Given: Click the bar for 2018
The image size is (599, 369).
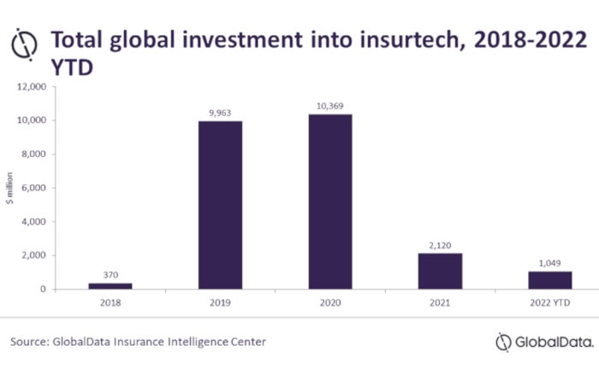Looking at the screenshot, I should click(x=110, y=285).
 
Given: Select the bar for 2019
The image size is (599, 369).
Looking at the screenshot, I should click(x=220, y=205).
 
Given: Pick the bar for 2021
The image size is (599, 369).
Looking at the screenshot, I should click(x=440, y=271).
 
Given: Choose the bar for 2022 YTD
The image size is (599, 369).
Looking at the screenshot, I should click(x=550, y=280).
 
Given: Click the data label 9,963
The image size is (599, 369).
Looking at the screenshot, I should click(x=220, y=111).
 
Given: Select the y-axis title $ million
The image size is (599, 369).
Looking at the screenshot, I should click(x=10, y=190).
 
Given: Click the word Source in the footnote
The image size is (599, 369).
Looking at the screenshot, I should click(x=28, y=342).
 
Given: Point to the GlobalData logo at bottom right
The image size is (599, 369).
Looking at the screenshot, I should click(x=543, y=342).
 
